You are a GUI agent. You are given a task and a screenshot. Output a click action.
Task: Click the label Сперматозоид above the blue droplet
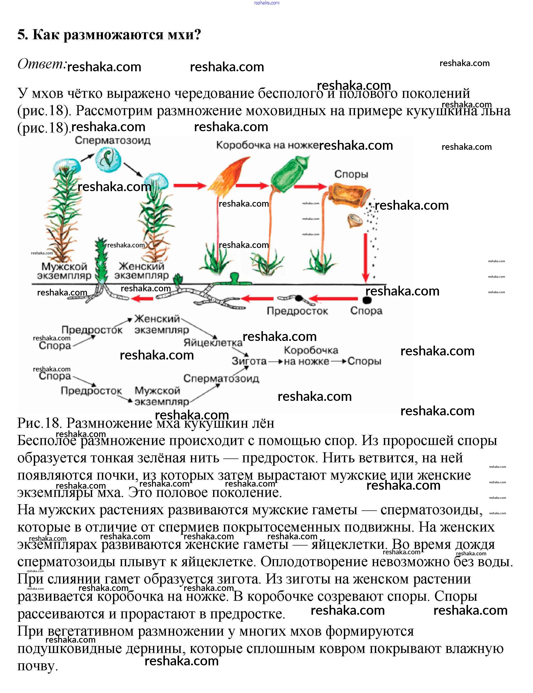(x=112, y=141)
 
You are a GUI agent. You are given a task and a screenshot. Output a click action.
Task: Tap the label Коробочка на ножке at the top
(x=267, y=145)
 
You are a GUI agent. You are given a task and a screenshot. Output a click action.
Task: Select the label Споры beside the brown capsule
(x=351, y=174)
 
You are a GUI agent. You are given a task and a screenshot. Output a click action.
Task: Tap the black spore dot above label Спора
(x=367, y=300)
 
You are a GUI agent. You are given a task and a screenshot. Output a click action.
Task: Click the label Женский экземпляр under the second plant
(x=141, y=271)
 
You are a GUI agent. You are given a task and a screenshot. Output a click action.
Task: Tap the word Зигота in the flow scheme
(x=249, y=361)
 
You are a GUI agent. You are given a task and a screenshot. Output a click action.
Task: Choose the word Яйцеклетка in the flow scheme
(x=213, y=343)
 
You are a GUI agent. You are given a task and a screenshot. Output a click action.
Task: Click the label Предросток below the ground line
(x=297, y=311)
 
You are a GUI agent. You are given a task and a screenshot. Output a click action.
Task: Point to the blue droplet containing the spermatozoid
(x=108, y=160)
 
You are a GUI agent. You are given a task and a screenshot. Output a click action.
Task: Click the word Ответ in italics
(x=42, y=64)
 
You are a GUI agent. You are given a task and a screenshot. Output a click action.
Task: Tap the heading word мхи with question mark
(x=184, y=35)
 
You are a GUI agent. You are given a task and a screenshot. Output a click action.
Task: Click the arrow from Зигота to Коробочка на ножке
(x=275, y=361)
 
